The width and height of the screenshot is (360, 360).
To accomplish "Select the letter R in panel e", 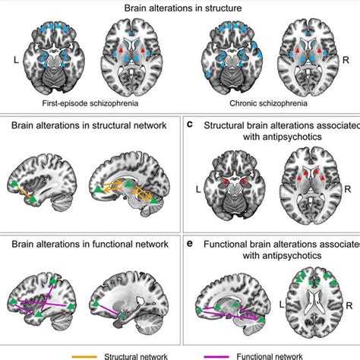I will coord(349,302).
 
